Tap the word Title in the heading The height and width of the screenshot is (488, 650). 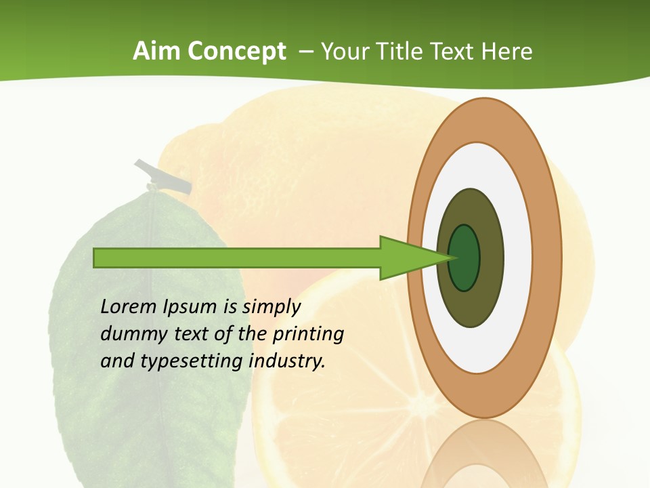(x=402, y=52)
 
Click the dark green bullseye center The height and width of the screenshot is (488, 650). (x=464, y=258)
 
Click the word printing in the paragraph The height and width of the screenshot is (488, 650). (x=308, y=334)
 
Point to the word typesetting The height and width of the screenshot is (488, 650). (x=192, y=361)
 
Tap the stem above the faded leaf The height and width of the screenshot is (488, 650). (x=163, y=176)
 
